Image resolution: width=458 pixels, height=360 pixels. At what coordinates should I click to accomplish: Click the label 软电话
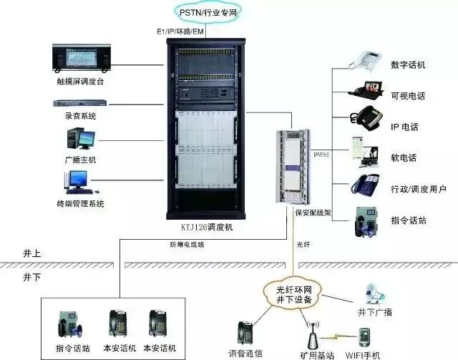click(x=403, y=157)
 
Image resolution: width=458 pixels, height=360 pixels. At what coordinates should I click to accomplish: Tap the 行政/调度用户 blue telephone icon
click(x=364, y=184)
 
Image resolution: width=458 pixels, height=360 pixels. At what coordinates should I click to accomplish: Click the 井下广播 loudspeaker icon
click(x=375, y=290)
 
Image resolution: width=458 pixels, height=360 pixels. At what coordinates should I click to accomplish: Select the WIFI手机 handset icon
click(x=364, y=336)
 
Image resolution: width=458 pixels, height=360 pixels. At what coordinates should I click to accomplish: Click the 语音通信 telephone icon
click(x=245, y=334)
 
